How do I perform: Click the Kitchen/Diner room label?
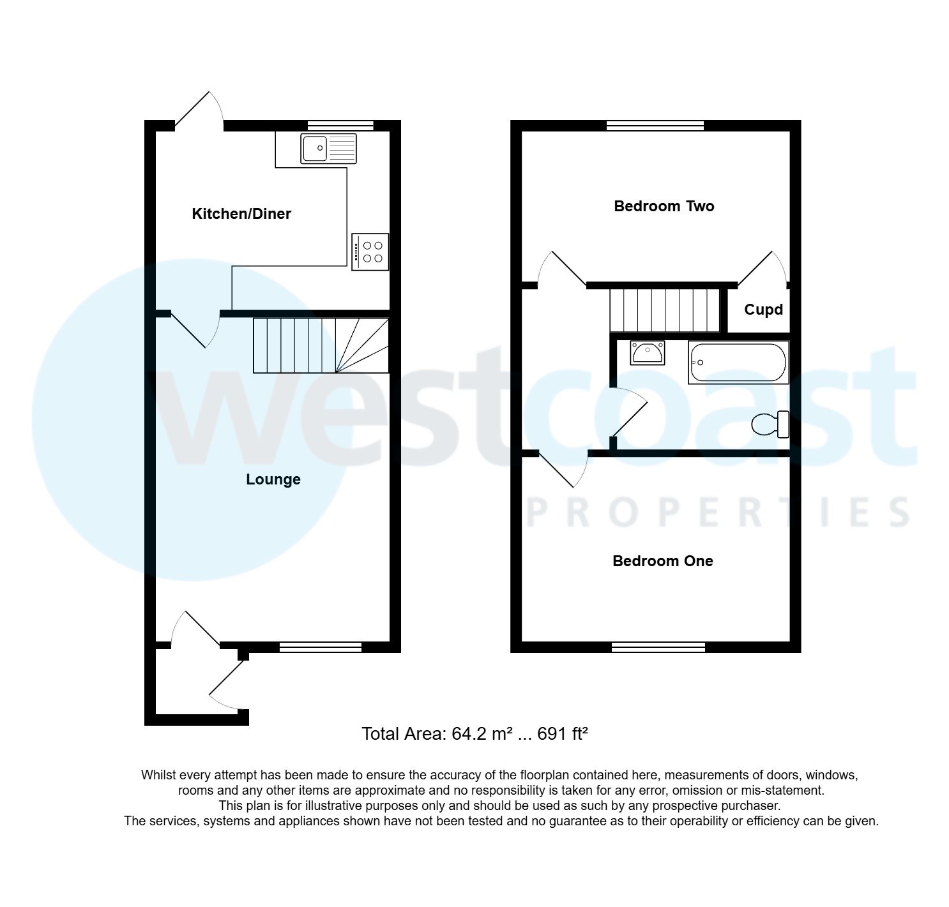pyautogui.click(x=241, y=214)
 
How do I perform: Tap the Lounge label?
pyautogui.click(x=273, y=479)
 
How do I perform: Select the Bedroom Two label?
pyautogui.click(x=664, y=206)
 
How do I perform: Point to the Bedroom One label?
pyautogui.click(x=662, y=561)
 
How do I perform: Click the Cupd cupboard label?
pyautogui.click(x=763, y=310)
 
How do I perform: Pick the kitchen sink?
pyautogui.click(x=328, y=149)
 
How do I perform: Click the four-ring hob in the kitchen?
pyautogui.click(x=370, y=251)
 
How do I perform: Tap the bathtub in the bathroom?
pyautogui.click(x=738, y=363)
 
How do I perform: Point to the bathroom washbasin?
pyautogui.click(x=648, y=352)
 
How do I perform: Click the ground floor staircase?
pyautogui.click(x=321, y=345)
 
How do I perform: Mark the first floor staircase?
pyautogui.click(x=665, y=310)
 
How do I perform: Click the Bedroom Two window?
pyautogui.click(x=655, y=126)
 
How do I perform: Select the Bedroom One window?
pyautogui.click(x=658, y=647)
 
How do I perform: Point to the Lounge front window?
pyautogui.click(x=321, y=647)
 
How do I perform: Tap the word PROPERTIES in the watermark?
pyautogui.click(x=718, y=513)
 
